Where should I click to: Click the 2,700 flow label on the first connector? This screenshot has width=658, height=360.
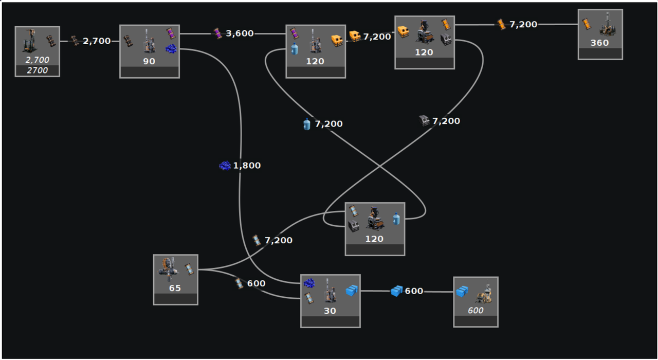pos(97,41)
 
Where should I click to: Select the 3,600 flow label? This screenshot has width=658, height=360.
pos(240,33)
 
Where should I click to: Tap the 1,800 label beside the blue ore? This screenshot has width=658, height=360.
pos(247,166)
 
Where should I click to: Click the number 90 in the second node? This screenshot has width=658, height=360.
pos(149,61)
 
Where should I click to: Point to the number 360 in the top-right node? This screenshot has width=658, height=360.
pos(599,43)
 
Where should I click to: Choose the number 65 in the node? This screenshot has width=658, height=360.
pos(175,288)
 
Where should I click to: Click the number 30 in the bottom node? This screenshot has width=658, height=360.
pos(330,311)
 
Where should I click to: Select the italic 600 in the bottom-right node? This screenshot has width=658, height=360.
pos(475,311)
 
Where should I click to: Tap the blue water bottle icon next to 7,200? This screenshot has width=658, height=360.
pos(307,124)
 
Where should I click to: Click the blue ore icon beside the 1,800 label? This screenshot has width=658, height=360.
pos(225,166)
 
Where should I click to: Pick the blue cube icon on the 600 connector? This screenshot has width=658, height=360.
pos(396,291)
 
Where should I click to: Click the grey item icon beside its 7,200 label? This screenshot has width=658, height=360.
pos(424,121)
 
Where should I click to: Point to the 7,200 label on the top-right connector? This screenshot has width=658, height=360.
pos(523,24)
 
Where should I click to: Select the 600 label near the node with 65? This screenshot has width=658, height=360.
pos(256,283)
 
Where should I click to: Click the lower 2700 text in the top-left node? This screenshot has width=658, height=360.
pos(37,70)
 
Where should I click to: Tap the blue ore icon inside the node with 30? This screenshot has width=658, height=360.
pos(309,283)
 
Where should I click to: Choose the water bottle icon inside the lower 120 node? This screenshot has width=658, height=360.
pos(396,219)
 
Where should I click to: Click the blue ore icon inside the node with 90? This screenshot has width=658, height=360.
pos(171,48)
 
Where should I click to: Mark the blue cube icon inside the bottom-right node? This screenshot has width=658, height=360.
pos(462,292)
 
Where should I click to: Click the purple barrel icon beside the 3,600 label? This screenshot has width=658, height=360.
pos(218,33)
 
